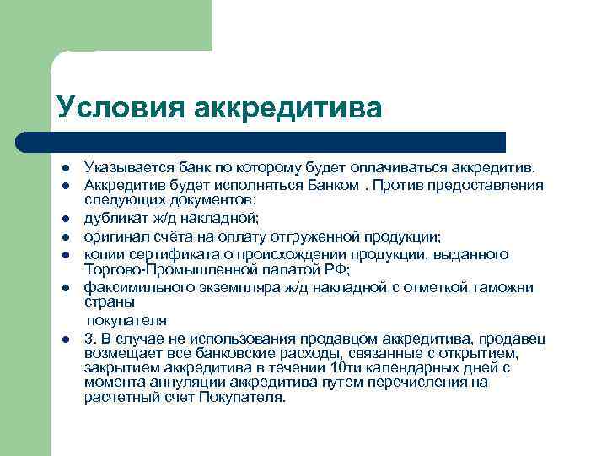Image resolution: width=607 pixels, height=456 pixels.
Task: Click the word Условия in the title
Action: [119, 107]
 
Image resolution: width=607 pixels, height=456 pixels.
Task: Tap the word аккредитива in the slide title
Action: [287, 107]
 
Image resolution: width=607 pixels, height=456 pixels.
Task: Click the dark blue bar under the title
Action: [278, 142]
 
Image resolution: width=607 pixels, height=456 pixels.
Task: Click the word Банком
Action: [332, 185]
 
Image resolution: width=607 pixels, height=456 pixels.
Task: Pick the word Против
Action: [399, 185]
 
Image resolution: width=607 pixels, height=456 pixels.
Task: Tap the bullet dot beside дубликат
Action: [65, 219]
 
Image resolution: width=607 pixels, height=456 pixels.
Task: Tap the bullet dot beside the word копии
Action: [65, 253]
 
